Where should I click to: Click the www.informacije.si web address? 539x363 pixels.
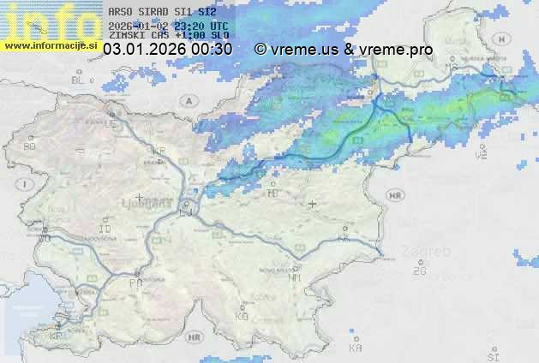click(x=51, y=45)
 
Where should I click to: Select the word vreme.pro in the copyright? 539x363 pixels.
click(x=398, y=50)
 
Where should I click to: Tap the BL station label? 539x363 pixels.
click(x=79, y=80)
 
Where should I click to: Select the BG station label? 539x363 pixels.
click(x=29, y=146)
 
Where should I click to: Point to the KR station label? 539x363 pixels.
click(x=159, y=151)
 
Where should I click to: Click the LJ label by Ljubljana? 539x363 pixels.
click(x=187, y=211)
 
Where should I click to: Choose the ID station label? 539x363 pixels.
click(x=105, y=229)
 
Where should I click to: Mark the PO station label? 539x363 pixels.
click(x=135, y=282)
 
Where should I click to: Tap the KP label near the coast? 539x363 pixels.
click(x=57, y=336)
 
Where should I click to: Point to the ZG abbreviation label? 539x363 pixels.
click(x=419, y=271)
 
